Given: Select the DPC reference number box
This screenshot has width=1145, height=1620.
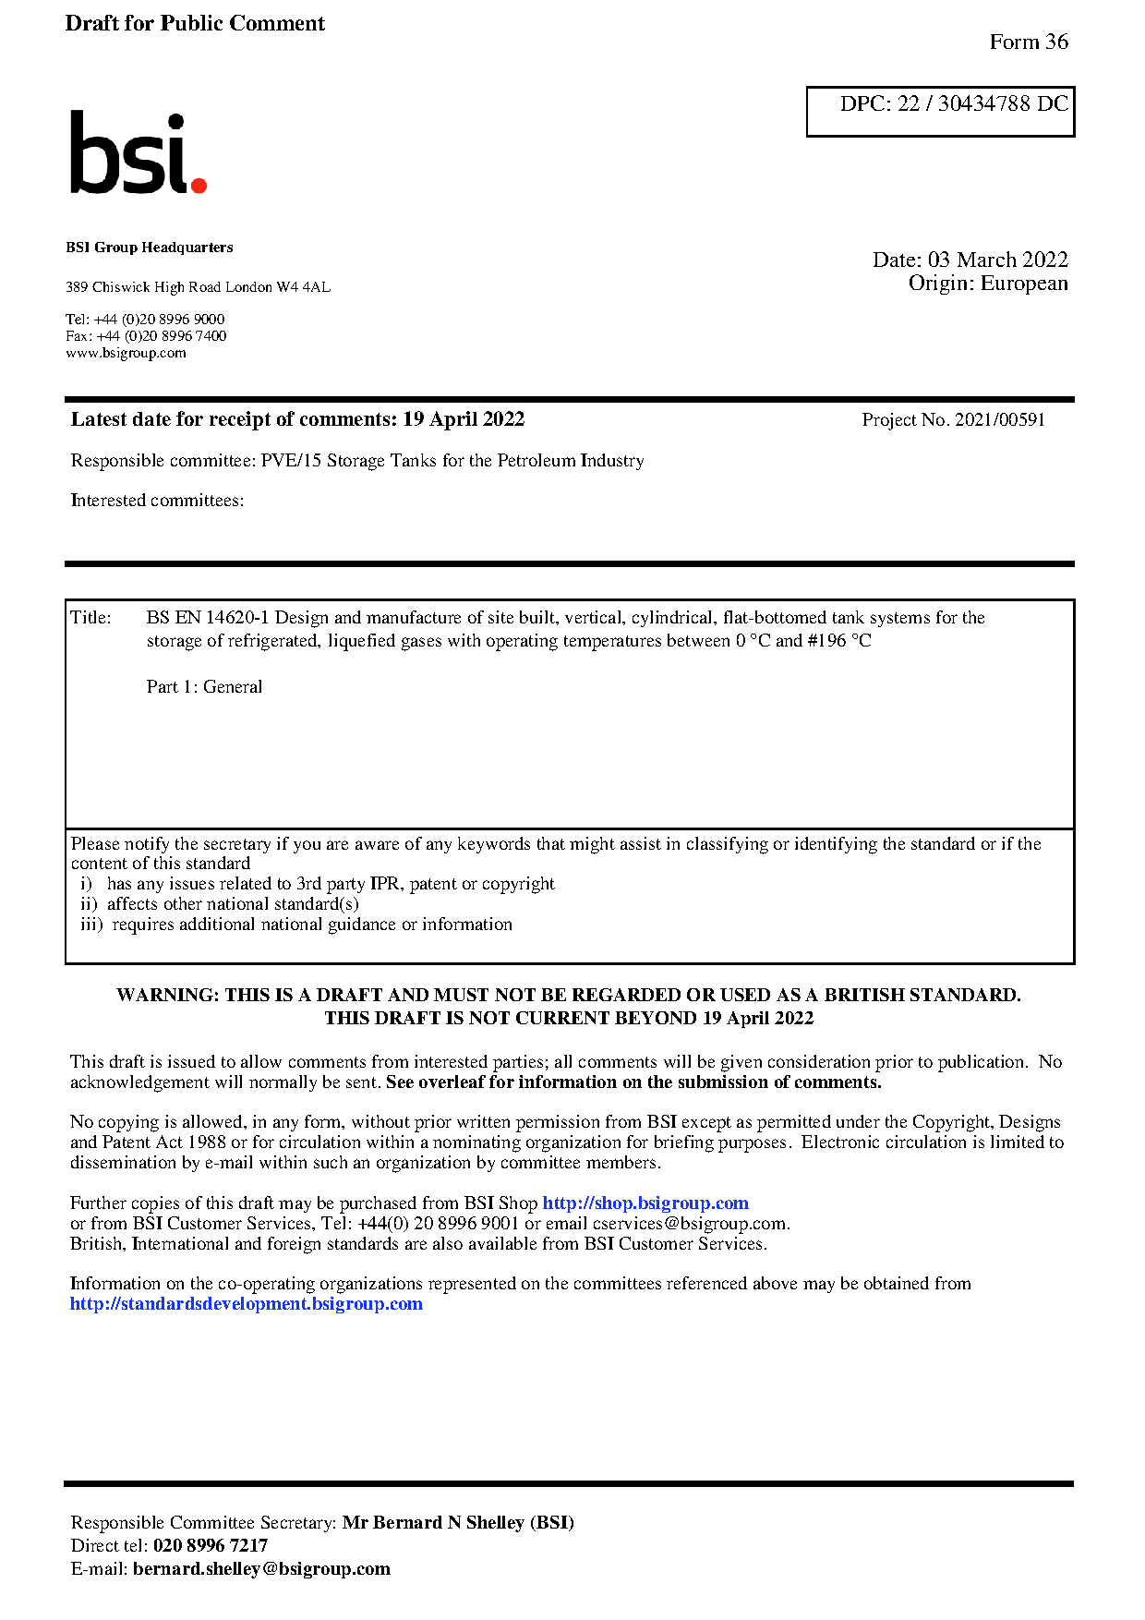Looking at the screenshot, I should tap(940, 111).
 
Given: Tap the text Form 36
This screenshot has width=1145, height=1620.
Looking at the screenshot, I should tap(1028, 42).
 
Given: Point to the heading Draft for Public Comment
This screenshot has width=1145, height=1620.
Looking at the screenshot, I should tap(195, 24).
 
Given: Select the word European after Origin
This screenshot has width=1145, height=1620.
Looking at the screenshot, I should tap(1024, 284).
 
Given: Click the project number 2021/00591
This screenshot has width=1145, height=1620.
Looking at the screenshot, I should tap(999, 420).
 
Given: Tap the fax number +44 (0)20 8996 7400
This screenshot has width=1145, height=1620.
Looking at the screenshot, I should tap(162, 336).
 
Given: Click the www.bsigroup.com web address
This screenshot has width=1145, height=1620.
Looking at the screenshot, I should tap(126, 353).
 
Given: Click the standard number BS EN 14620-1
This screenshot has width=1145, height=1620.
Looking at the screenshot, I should tap(207, 618).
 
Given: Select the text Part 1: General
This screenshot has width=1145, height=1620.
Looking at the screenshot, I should tap(204, 687).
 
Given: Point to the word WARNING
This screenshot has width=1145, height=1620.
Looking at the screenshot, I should tap(167, 996).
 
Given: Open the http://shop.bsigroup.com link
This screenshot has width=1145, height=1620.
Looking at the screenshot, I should tap(645, 1203).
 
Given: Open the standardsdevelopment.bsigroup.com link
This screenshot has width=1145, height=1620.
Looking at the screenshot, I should tap(246, 1304).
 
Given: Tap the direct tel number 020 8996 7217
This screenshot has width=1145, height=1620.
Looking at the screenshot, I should tap(211, 1546).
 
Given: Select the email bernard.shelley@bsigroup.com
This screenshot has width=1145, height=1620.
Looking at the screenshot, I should tap(261, 1569).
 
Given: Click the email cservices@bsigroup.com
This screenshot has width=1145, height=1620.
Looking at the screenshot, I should tap(689, 1224).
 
